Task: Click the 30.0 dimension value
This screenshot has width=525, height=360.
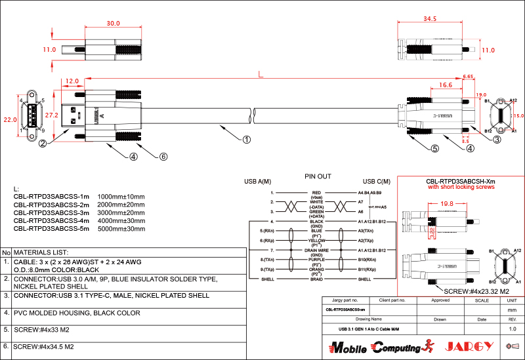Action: pyautogui.click(x=113, y=23)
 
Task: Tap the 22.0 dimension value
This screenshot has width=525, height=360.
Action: pyautogui.click(x=10, y=120)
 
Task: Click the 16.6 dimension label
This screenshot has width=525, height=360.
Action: pyautogui.click(x=445, y=85)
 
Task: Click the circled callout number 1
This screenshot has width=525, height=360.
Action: pyautogui.click(x=246, y=139)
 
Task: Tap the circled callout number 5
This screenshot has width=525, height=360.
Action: pyautogui.click(x=434, y=148)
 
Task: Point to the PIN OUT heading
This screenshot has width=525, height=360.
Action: pyautogui.click(x=318, y=176)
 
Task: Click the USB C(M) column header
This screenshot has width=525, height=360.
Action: pyautogui.click(x=376, y=182)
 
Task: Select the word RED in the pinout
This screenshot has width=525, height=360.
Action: pyautogui.click(x=317, y=193)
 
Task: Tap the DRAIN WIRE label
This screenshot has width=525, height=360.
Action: pyautogui.click(x=317, y=250)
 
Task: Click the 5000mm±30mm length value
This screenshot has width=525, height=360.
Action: pyautogui.click(x=121, y=228)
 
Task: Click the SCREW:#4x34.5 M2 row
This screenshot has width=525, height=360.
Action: pyautogui.click(x=43, y=346)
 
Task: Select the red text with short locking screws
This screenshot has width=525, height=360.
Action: pyautogui.click(x=461, y=188)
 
